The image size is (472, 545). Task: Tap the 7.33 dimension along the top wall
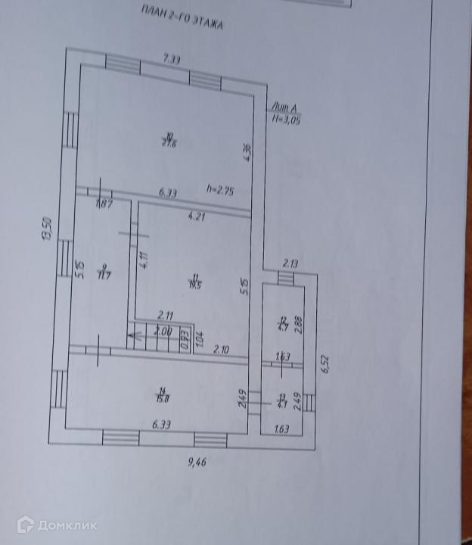[x=173, y=58]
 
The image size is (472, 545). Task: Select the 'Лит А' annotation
[x=283, y=110]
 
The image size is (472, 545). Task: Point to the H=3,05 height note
[x=287, y=120]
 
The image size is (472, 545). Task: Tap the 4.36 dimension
[x=247, y=151]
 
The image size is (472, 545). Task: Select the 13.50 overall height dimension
[x=46, y=226]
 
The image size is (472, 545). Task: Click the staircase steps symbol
[x=154, y=341]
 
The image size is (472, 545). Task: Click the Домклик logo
[x=48, y=525]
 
